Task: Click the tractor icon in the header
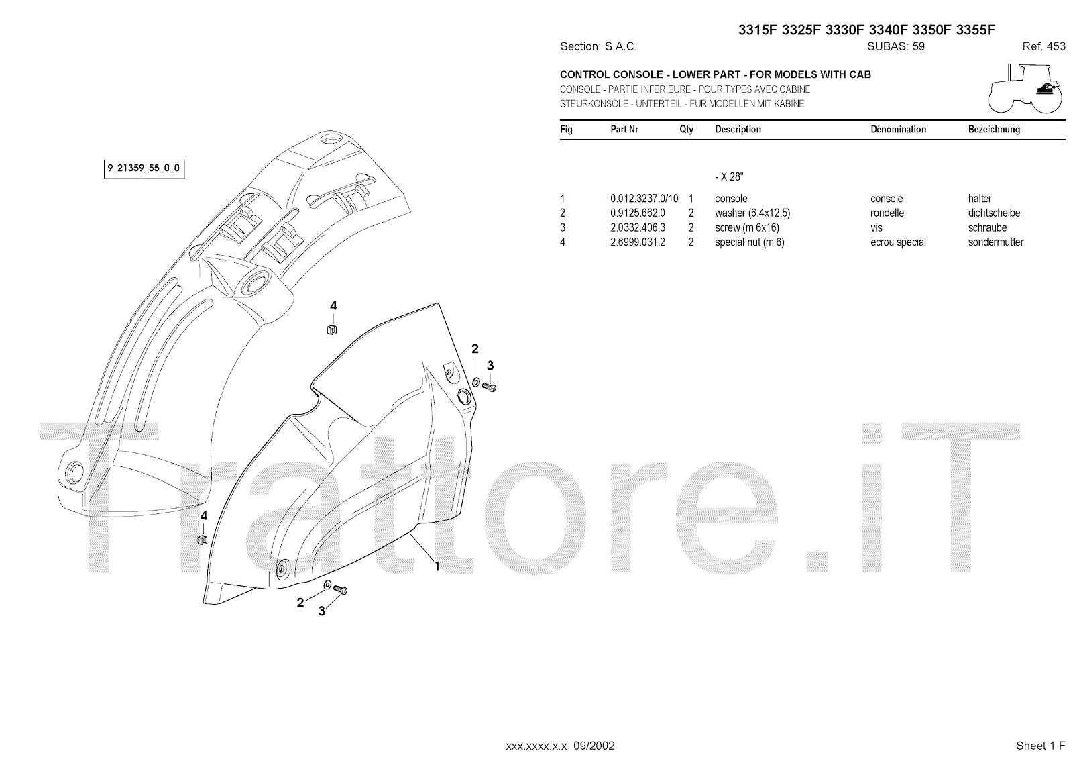[1025, 89]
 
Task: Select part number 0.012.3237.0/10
[644, 199]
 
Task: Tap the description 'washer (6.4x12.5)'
[752, 213]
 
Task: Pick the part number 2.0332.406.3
[637, 228]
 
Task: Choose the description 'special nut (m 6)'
[749, 242]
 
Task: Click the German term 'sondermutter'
[995, 242]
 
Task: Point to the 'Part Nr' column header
[624, 130]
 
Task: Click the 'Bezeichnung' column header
[993, 130]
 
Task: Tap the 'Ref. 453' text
[1043, 47]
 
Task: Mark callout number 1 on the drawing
[437, 566]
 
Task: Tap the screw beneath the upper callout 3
[490, 387]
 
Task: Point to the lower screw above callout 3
[340, 590]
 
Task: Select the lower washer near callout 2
[327, 585]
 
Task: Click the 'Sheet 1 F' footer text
[1040, 746]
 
